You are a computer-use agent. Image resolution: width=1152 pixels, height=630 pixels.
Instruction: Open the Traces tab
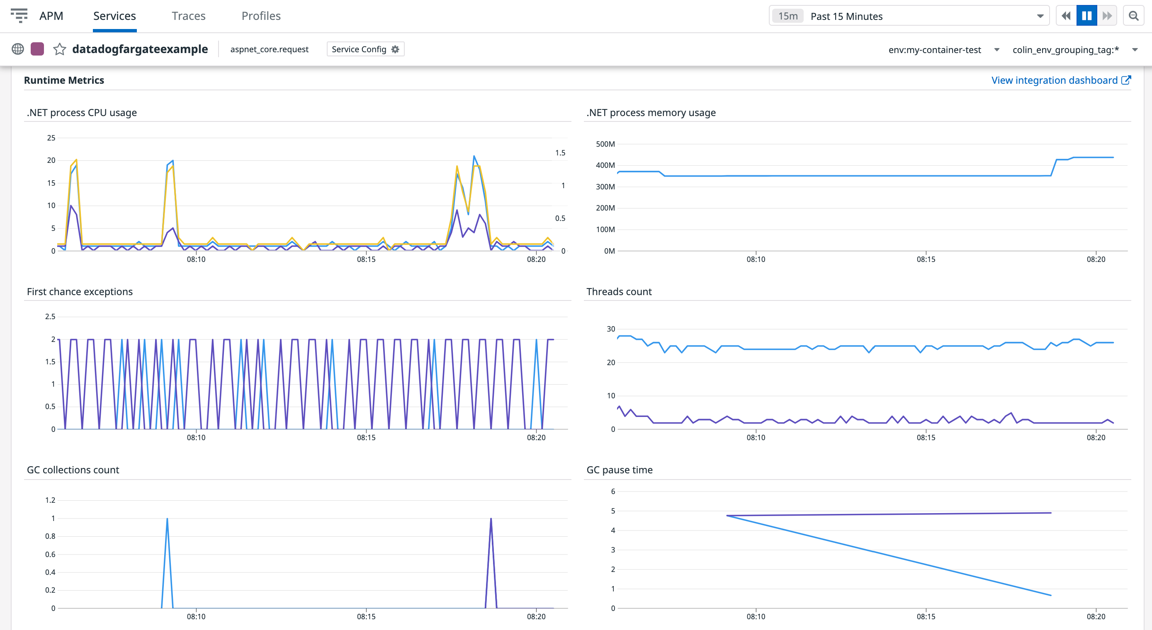pyautogui.click(x=188, y=16)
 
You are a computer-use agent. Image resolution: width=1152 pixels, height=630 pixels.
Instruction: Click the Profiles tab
pyautogui.click(x=261, y=16)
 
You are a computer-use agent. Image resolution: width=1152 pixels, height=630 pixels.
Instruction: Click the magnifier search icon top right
pyautogui.click(x=1133, y=16)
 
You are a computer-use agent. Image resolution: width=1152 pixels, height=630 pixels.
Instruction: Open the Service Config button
pyautogui.click(x=365, y=49)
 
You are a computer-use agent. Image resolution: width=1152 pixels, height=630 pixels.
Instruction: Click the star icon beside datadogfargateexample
pyautogui.click(x=59, y=49)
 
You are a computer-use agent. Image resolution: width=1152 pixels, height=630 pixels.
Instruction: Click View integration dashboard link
pyautogui.click(x=1060, y=80)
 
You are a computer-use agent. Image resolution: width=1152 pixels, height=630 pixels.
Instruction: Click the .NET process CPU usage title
pyautogui.click(x=82, y=113)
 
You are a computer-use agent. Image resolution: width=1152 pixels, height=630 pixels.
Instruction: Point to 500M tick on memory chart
pyautogui.click(x=605, y=144)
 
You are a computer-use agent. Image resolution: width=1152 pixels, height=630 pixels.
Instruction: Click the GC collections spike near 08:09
pyautogui.click(x=167, y=520)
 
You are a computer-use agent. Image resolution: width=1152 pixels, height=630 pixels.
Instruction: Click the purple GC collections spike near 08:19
pyautogui.click(x=491, y=520)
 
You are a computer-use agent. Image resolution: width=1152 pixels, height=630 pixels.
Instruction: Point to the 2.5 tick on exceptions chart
pyautogui.click(x=50, y=317)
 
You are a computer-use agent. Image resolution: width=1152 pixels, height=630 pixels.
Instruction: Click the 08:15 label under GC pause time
pyautogui.click(x=925, y=617)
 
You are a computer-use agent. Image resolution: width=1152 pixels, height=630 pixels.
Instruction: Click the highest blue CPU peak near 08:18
pyautogui.click(x=474, y=157)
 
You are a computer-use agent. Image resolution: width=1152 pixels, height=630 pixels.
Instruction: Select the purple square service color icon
pyautogui.click(x=37, y=49)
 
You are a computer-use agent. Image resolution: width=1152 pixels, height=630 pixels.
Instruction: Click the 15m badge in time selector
pyautogui.click(x=787, y=16)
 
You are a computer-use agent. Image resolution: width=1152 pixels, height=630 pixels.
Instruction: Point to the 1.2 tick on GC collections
pyautogui.click(x=50, y=500)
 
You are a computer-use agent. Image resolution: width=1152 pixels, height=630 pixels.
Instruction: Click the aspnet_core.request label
pyautogui.click(x=269, y=49)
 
